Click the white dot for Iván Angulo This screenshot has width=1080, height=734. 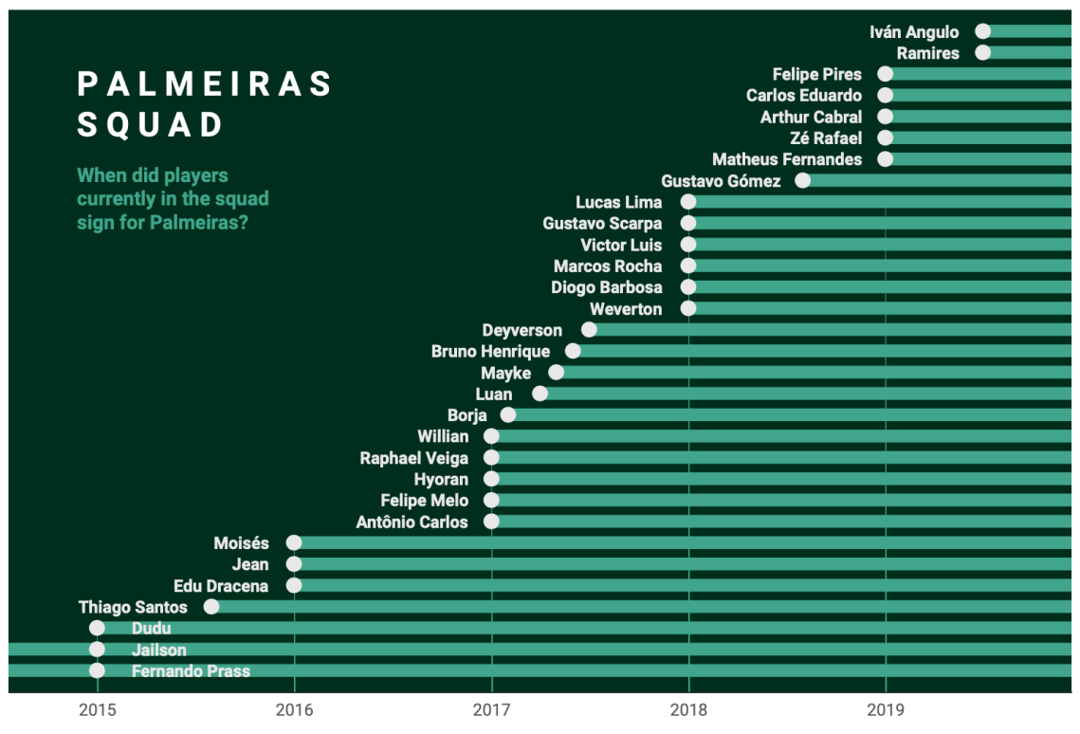tap(982, 31)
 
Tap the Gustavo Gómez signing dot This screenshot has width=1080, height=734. tap(803, 180)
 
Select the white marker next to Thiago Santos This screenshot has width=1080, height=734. tap(211, 607)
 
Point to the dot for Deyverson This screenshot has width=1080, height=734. tap(589, 330)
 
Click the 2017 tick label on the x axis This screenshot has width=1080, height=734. tap(491, 709)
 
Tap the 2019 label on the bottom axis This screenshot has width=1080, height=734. tap(886, 709)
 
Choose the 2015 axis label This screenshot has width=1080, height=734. tap(97, 709)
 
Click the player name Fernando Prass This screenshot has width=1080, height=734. tap(191, 671)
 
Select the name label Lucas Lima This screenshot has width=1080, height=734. tap(618, 202)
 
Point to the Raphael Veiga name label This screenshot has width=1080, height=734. tap(413, 458)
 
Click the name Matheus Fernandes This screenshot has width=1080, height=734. tap(787, 159)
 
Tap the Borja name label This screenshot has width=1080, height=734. tap(467, 415)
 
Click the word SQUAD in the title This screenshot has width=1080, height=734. tap(151, 125)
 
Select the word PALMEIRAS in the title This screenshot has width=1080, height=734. tap(205, 84)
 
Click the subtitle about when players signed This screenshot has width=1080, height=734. tap(173, 199)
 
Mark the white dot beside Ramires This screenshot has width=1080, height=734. tap(982, 52)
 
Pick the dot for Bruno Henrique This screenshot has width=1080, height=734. tap(573, 351)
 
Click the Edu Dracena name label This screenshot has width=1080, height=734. tap(221, 586)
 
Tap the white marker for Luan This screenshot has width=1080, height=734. tap(540, 394)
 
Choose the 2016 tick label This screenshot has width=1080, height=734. tap(294, 709)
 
